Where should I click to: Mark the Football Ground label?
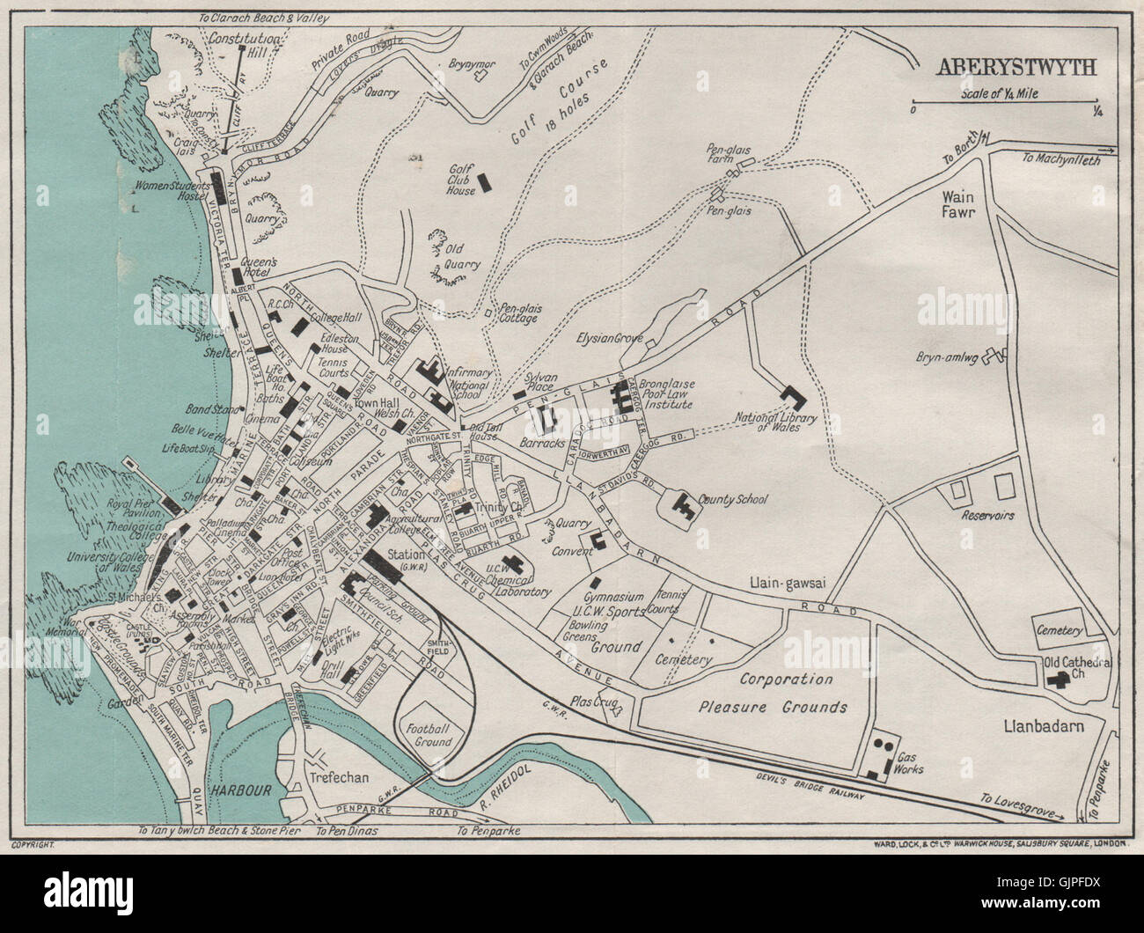429,735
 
